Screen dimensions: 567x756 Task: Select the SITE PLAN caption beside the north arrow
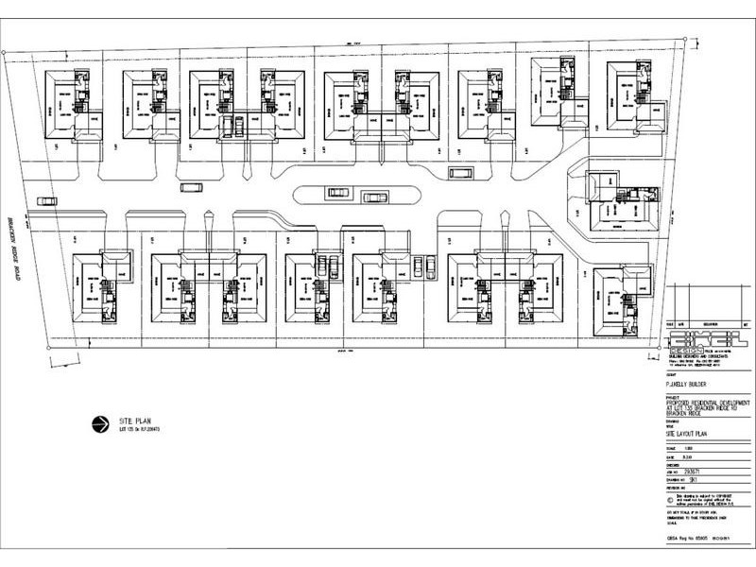tap(134, 420)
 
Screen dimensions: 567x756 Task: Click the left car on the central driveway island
tap(338, 193)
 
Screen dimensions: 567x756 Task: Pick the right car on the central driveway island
tap(374, 198)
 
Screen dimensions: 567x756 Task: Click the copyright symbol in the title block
tap(672, 493)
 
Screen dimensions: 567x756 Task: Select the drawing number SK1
tap(698, 479)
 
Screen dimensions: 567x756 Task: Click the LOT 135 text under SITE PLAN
tap(137, 430)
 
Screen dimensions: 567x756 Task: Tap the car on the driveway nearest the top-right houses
tap(460, 173)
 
